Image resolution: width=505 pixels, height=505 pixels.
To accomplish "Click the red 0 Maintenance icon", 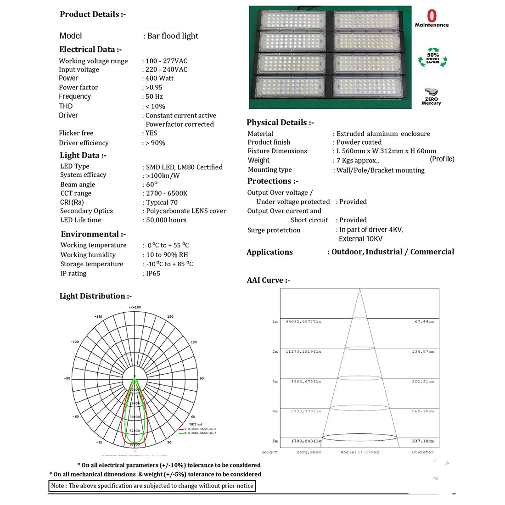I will point(432,19).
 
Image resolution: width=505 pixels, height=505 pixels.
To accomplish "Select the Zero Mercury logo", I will point(431,97).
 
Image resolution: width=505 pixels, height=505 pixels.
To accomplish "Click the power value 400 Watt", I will point(159,79).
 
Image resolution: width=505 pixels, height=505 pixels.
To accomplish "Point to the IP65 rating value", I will point(153,274).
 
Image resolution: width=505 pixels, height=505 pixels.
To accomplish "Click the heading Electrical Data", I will point(90,50).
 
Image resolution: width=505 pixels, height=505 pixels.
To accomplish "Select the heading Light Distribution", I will point(95,296).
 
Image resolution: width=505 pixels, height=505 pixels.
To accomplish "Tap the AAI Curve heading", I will point(268,280).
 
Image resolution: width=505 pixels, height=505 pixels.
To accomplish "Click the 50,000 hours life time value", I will point(166,220).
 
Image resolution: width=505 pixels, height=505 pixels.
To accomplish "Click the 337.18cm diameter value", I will point(423,441).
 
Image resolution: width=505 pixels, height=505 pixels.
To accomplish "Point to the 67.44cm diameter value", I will point(424,322).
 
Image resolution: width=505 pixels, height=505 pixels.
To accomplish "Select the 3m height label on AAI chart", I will point(275,382).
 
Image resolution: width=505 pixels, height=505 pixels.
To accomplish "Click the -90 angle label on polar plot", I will point(67,379).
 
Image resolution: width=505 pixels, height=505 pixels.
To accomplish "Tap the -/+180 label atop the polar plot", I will point(135,307).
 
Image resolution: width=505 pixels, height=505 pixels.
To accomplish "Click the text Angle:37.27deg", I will point(359,452).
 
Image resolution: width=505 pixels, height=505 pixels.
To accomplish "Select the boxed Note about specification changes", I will point(152,486).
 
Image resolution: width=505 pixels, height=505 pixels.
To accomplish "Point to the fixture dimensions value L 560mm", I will point(386,151).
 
